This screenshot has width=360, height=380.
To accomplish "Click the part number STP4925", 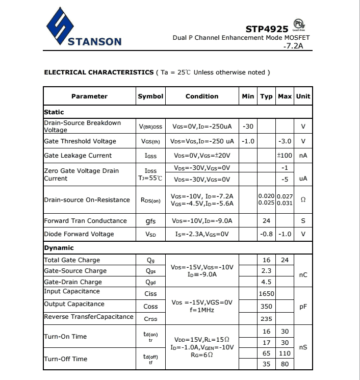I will click(267, 29).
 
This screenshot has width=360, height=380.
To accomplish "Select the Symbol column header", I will click(150, 96).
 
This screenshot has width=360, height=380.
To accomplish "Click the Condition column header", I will click(202, 96).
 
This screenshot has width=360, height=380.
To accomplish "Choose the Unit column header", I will click(303, 96).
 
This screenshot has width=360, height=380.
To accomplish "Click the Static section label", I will click(54, 112).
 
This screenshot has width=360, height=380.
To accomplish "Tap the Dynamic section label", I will click(59, 248).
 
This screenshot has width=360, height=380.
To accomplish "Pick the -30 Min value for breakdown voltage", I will click(248, 126).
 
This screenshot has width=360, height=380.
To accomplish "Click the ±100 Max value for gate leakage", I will click(284, 156).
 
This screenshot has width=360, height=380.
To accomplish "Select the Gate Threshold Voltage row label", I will click(80, 141).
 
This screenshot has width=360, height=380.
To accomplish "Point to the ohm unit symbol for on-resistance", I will click(303, 200).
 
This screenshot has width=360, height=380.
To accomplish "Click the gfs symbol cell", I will click(150, 221).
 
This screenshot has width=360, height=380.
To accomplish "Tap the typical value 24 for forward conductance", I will click(266, 221).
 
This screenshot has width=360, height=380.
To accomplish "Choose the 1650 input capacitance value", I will click(266, 293).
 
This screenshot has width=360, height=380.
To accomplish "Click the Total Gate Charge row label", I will click(72, 260).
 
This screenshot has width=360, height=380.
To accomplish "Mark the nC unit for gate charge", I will click(303, 275).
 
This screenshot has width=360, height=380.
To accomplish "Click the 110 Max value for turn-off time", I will click(285, 353).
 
